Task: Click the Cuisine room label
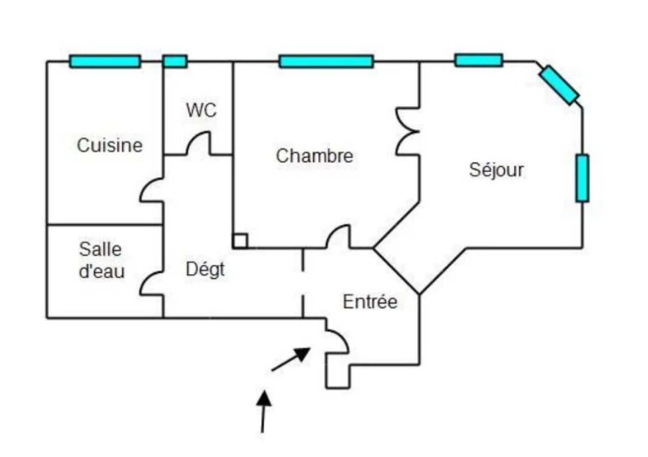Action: click(110, 145)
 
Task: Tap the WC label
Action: click(201, 110)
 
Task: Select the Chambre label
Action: click(314, 156)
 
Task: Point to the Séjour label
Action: click(496, 170)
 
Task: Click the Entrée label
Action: click(370, 302)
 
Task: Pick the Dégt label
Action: click(205, 269)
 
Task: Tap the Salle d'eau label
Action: click(101, 261)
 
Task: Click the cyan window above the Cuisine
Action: click(105, 62)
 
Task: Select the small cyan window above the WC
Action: click(175, 62)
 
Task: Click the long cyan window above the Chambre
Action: click(326, 62)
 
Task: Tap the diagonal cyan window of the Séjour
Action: click(559, 85)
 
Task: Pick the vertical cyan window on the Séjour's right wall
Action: click(582, 178)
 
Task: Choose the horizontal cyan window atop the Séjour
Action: click(479, 60)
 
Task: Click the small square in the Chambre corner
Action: click(240, 241)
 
